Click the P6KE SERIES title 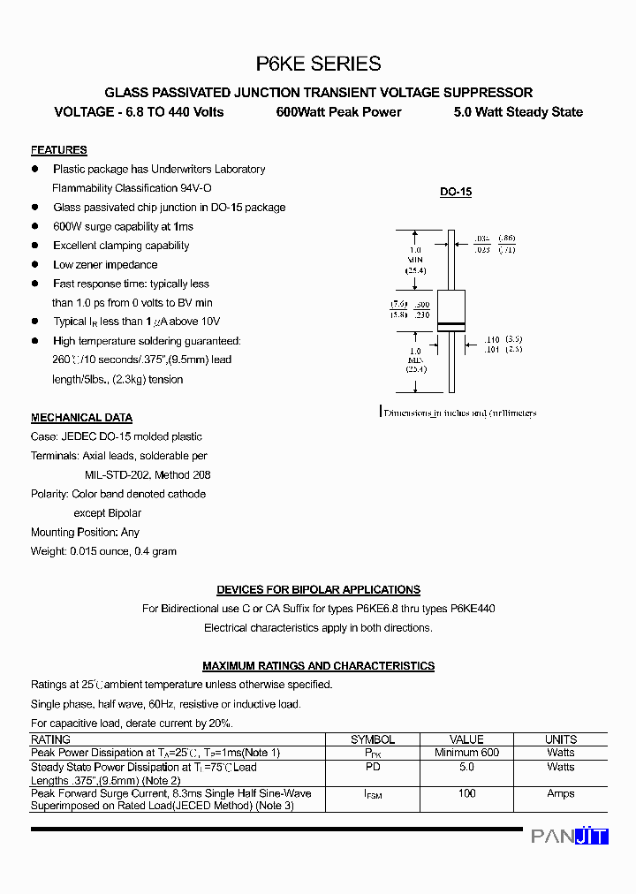[318, 64]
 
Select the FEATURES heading [58, 150]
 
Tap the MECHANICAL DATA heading [81, 418]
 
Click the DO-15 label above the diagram [456, 192]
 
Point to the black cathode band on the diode [451, 325]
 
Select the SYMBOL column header [373, 739]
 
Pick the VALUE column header [466, 739]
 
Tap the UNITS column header [560, 739]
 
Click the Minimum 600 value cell [466, 753]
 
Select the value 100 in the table [466, 793]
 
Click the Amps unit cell [560, 793]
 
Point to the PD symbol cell [373, 767]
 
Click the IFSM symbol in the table [373, 795]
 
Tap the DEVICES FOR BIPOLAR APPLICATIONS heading [318, 589]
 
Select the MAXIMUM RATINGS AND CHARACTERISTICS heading [318, 666]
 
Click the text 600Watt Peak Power [338, 112]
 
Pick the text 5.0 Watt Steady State [518, 112]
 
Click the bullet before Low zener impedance [35, 264]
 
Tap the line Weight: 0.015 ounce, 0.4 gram [103, 551]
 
